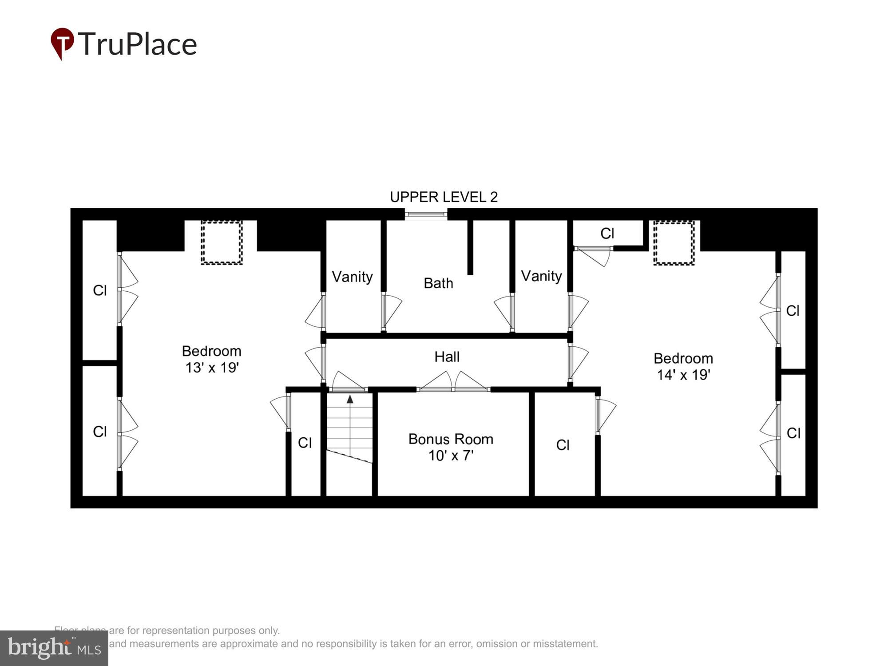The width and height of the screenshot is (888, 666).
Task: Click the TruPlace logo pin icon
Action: tap(62, 43)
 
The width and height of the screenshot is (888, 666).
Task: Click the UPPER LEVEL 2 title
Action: tap(444, 197)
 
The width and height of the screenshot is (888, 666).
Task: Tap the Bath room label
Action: tap(438, 283)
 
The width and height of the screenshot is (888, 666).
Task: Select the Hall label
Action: tap(447, 357)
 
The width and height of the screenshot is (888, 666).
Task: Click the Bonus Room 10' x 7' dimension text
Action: tap(451, 456)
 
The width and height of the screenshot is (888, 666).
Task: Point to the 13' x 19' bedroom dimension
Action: tap(212, 368)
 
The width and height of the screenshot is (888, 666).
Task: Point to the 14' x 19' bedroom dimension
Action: tap(683, 375)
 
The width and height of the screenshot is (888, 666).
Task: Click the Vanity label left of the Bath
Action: tap(352, 277)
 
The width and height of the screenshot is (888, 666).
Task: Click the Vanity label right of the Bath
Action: tap(541, 276)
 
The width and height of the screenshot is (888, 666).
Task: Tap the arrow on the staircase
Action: tap(350, 399)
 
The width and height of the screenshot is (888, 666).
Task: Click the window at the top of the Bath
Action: tap(426, 215)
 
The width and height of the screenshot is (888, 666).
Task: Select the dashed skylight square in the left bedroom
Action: tap(222, 242)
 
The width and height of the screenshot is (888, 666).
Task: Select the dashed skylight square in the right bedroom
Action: tap(674, 243)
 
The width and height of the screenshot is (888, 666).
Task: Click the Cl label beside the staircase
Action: tap(305, 443)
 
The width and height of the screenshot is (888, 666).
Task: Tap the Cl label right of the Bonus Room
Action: tap(563, 445)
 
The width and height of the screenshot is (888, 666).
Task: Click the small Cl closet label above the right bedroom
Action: tap(607, 233)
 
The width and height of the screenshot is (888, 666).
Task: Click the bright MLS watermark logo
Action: tap(54, 648)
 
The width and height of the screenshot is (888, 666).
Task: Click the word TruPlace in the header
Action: tap(138, 44)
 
